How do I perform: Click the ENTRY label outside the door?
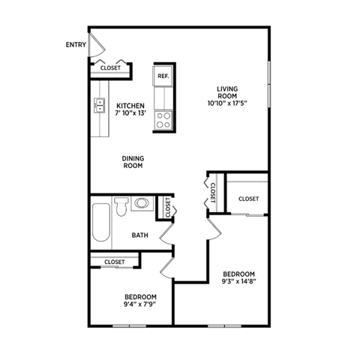[x=76, y=45]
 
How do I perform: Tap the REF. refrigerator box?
[x=163, y=76]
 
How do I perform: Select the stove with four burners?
[x=163, y=119]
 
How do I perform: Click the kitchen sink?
[x=99, y=106]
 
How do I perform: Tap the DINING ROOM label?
[x=133, y=161]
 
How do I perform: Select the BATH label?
[x=140, y=235]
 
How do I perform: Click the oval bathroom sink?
[x=142, y=203]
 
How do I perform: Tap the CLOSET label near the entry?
[x=110, y=68]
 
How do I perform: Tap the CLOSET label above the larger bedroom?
[x=248, y=199]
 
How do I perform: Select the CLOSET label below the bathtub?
[x=115, y=262]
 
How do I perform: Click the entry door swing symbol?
[x=94, y=42]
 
